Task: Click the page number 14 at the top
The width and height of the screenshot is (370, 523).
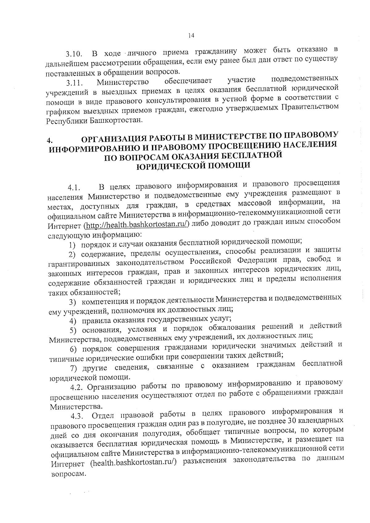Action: pos(191,36)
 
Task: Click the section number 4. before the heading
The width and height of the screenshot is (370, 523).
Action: pos(49,141)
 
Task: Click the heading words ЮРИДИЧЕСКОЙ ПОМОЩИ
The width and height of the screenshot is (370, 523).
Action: pos(193,166)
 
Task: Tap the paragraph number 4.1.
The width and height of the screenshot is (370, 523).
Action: pos(74,188)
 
